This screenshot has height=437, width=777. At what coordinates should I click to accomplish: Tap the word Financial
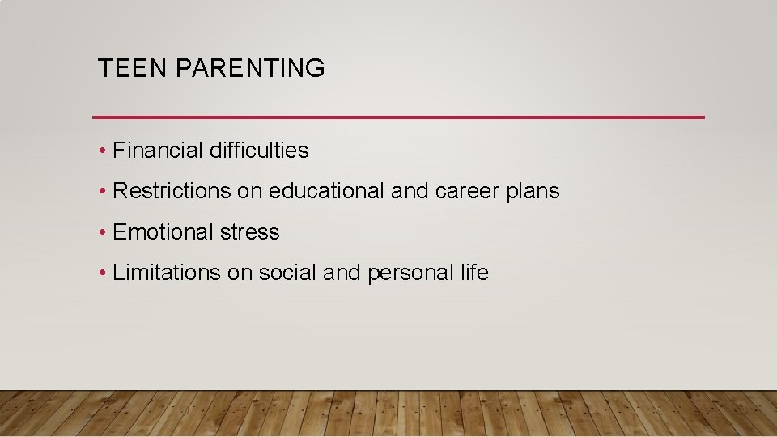pyautogui.click(x=158, y=151)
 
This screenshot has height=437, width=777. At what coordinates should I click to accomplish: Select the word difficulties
pyautogui.click(x=258, y=151)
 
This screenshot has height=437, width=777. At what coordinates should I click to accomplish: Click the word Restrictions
pyautogui.click(x=172, y=191)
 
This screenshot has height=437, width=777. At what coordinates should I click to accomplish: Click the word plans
pyautogui.click(x=532, y=192)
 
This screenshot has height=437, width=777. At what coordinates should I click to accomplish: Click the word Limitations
pyautogui.click(x=167, y=273)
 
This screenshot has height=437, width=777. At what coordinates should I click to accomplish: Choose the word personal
pyautogui.click(x=410, y=274)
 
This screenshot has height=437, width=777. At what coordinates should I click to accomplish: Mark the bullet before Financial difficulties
pyautogui.click(x=103, y=151)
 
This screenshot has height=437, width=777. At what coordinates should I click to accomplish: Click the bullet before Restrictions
pyautogui.click(x=103, y=192)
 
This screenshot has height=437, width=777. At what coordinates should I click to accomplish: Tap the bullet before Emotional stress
pyautogui.click(x=103, y=233)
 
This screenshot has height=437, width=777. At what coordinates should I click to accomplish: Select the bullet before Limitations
pyautogui.click(x=103, y=274)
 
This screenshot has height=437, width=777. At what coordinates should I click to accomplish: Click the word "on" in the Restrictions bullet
pyautogui.click(x=247, y=192)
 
